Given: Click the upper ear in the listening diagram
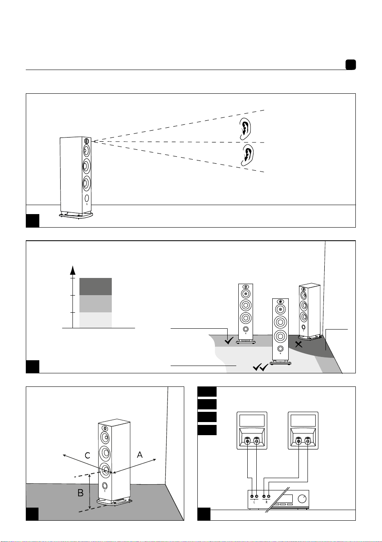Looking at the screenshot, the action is (x=245, y=129).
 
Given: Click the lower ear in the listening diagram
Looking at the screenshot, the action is (x=247, y=155).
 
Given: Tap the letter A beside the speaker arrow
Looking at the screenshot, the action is (x=140, y=455).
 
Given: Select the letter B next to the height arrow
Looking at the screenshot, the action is (x=80, y=492).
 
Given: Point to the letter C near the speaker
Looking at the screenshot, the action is (x=87, y=456).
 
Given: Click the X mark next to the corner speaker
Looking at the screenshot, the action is (x=298, y=344).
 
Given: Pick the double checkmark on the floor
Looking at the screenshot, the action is (x=260, y=368).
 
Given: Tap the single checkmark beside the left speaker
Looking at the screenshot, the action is (x=229, y=341).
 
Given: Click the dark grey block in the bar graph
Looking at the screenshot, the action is (x=96, y=287).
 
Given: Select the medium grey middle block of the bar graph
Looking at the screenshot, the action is (x=96, y=304).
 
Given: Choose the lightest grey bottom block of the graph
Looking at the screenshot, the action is (x=96, y=320).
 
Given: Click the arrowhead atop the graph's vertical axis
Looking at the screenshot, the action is (x=72, y=270).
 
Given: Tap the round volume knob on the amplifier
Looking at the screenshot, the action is (x=302, y=499).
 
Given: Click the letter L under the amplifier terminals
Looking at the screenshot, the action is (x=254, y=502).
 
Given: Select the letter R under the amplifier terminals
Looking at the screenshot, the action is (x=266, y=502).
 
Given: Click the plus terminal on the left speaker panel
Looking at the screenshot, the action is (x=257, y=441).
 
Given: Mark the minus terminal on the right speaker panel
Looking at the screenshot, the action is (x=299, y=441).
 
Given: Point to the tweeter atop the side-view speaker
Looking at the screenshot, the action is (x=86, y=141).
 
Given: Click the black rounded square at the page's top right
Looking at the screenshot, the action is (x=350, y=65).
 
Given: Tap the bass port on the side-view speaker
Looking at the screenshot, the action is (x=86, y=199).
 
